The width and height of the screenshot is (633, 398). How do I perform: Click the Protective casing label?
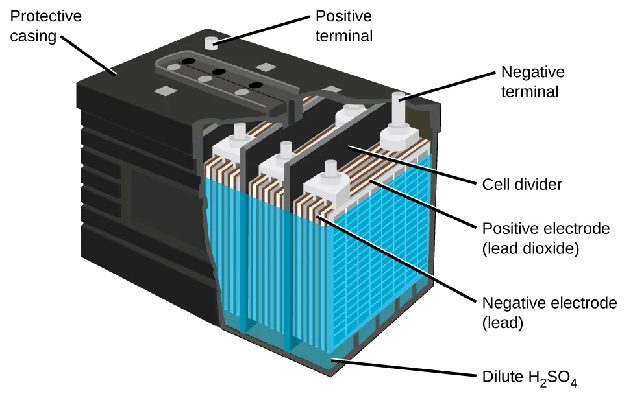(42, 25)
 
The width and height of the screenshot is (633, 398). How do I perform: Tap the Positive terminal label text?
(344, 25)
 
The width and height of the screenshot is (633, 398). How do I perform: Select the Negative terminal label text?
(532, 82)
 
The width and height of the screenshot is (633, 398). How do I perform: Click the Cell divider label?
(521, 185)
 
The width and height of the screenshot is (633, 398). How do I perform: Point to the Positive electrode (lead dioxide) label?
(545, 238)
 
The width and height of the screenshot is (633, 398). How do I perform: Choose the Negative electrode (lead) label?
(549, 312)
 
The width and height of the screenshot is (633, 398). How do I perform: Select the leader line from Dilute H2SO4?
(403, 368)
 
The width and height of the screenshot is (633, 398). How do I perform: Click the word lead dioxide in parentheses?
(530, 248)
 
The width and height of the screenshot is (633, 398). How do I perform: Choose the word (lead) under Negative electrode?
(503, 322)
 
